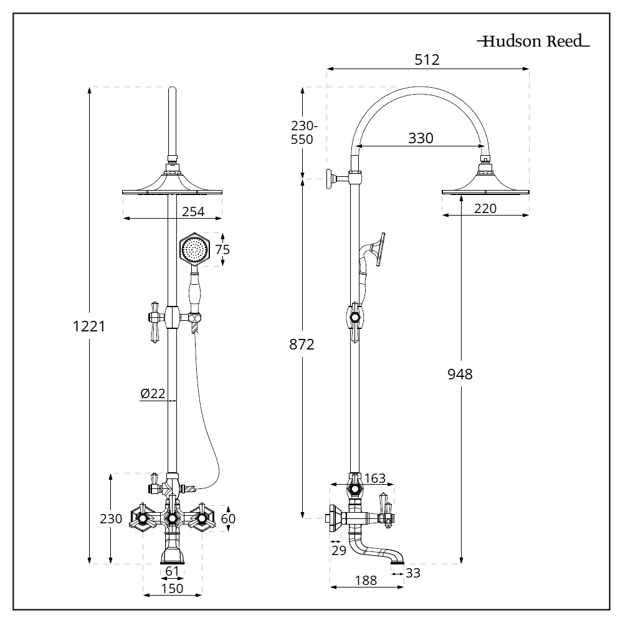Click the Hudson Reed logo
point(533,42)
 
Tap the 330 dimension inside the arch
point(421,138)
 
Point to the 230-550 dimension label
point(303,132)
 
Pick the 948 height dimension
point(460,374)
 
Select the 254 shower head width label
point(193,212)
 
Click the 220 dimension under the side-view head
point(485,209)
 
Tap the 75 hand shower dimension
point(222,250)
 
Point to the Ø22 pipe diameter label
point(153,393)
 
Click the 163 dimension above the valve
point(374,478)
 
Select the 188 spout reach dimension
point(365,581)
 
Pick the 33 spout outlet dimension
point(412,572)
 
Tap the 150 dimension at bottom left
point(172,588)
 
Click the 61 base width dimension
point(172,571)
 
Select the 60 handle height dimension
point(228,518)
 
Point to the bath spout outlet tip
point(396,563)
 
